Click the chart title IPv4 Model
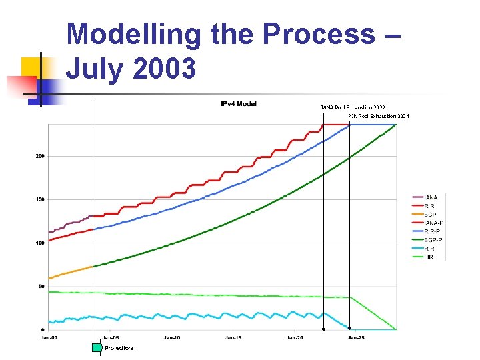pyautogui.click(x=239, y=103)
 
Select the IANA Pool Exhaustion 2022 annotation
pyautogui.click(x=353, y=107)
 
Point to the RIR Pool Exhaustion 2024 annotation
pyautogui.click(x=379, y=116)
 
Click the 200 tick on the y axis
pyautogui.click(x=40, y=156)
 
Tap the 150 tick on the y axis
pyautogui.click(x=40, y=199)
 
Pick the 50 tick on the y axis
pyautogui.click(x=41, y=286)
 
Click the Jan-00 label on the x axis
pyautogui.click(x=49, y=338)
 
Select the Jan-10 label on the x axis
pyautogui.click(x=172, y=338)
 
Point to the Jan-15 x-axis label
pyautogui.click(x=233, y=338)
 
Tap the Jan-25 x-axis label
pyautogui.click(x=355, y=338)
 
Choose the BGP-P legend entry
pyautogui.click(x=433, y=240)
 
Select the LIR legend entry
pyautogui.click(x=429, y=257)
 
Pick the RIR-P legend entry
pyautogui.click(x=432, y=231)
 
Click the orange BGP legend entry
pyautogui.click(x=430, y=215)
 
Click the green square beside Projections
pyautogui.click(x=97, y=347)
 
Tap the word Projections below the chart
pyautogui.click(x=119, y=348)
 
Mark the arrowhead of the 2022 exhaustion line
pyautogui.click(x=323, y=329)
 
